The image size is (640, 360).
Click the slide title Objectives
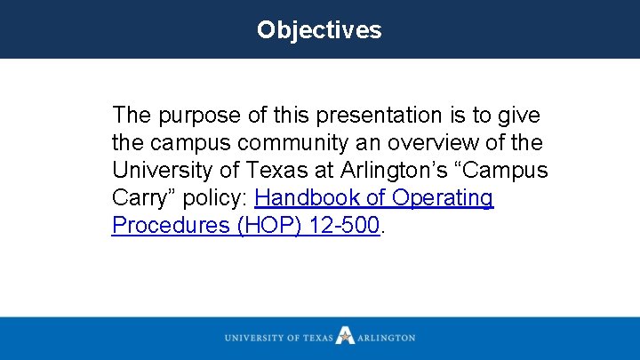319,29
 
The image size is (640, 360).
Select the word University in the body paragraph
163,170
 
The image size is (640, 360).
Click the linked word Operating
442,197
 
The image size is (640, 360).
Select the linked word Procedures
169,225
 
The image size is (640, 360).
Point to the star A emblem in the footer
345,337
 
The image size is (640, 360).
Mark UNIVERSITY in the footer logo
255,338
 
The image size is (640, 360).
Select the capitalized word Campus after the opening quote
508,170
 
